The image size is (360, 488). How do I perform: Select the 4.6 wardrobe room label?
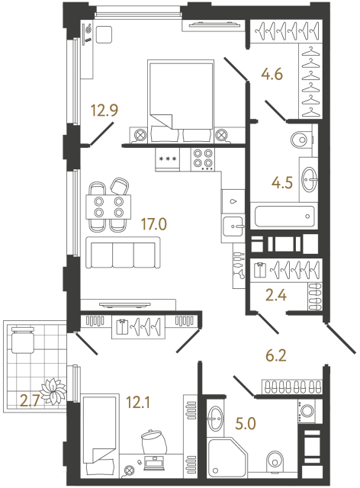pos(272,75)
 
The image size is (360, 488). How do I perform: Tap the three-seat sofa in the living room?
pos(123,252)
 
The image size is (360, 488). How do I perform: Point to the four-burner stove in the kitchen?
pos(203,159)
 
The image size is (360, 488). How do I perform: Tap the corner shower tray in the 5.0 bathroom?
pos(229,457)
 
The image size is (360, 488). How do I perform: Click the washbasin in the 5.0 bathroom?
pos(215,416)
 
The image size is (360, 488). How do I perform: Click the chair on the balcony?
pos(23,339)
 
